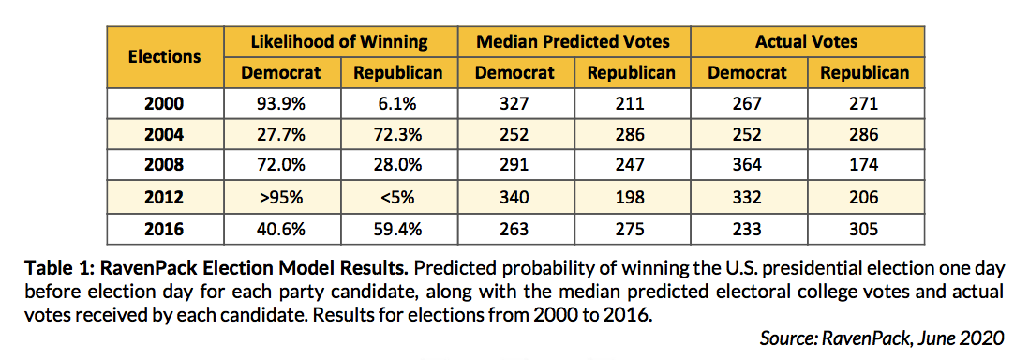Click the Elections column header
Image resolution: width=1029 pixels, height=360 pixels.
pyautogui.click(x=165, y=56)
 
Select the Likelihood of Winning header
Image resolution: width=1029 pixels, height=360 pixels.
pyautogui.click(x=339, y=41)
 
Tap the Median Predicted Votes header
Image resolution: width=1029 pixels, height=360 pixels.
pyautogui.click(x=574, y=41)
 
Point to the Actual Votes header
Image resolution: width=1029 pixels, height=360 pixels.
pyautogui.click(x=807, y=41)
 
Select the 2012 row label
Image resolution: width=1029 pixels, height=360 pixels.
pyautogui.click(x=165, y=197)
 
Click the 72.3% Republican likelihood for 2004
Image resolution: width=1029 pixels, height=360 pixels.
pyautogui.click(x=397, y=134)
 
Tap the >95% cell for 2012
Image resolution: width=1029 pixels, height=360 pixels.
pyautogui.click(x=281, y=197)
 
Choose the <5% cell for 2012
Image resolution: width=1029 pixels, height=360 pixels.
pyautogui.click(x=397, y=197)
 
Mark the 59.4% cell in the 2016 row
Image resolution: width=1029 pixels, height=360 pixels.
pyautogui.click(x=397, y=229)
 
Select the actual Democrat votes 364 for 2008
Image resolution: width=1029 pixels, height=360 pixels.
pyautogui.click(x=748, y=166)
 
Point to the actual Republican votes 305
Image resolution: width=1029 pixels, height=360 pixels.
pyautogui.click(x=864, y=229)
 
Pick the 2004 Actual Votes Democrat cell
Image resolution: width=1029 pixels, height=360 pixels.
pyautogui.click(x=748, y=134)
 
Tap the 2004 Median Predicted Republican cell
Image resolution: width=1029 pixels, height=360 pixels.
pyautogui.click(x=631, y=134)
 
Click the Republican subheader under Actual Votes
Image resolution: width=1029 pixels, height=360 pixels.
pyautogui.click(x=864, y=72)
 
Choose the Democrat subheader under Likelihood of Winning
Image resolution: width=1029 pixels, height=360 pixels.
pyautogui.click(x=281, y=72)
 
